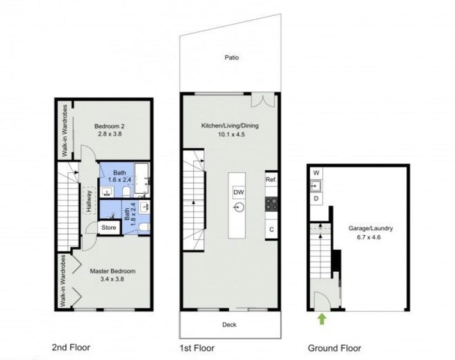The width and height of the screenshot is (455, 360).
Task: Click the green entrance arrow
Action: (322, 319)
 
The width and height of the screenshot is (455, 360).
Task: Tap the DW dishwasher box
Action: (238, 192)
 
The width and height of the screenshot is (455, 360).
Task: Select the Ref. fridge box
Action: (271, 179)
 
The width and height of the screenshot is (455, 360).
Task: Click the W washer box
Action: (316, 173)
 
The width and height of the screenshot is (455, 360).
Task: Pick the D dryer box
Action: (316, 198)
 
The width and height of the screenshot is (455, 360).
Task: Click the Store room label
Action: (109, 227)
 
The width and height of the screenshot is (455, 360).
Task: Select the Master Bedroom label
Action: (113, 271)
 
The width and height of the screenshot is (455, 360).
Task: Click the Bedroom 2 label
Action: (109, 126)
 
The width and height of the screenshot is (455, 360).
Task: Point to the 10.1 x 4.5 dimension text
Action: (231, 134)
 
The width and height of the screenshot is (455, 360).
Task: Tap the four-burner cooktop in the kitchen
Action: (271, 204)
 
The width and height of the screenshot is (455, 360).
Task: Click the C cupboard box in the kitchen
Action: (271, 229)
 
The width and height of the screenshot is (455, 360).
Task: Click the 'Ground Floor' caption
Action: (334, 347)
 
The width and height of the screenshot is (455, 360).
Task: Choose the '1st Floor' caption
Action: (197, 347)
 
